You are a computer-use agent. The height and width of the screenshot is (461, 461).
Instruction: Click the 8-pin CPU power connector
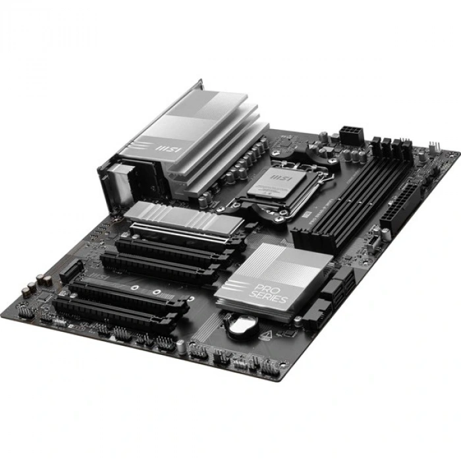click(351, 134)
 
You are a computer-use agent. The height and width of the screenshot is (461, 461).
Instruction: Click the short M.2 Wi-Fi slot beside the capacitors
click(72, 269)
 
